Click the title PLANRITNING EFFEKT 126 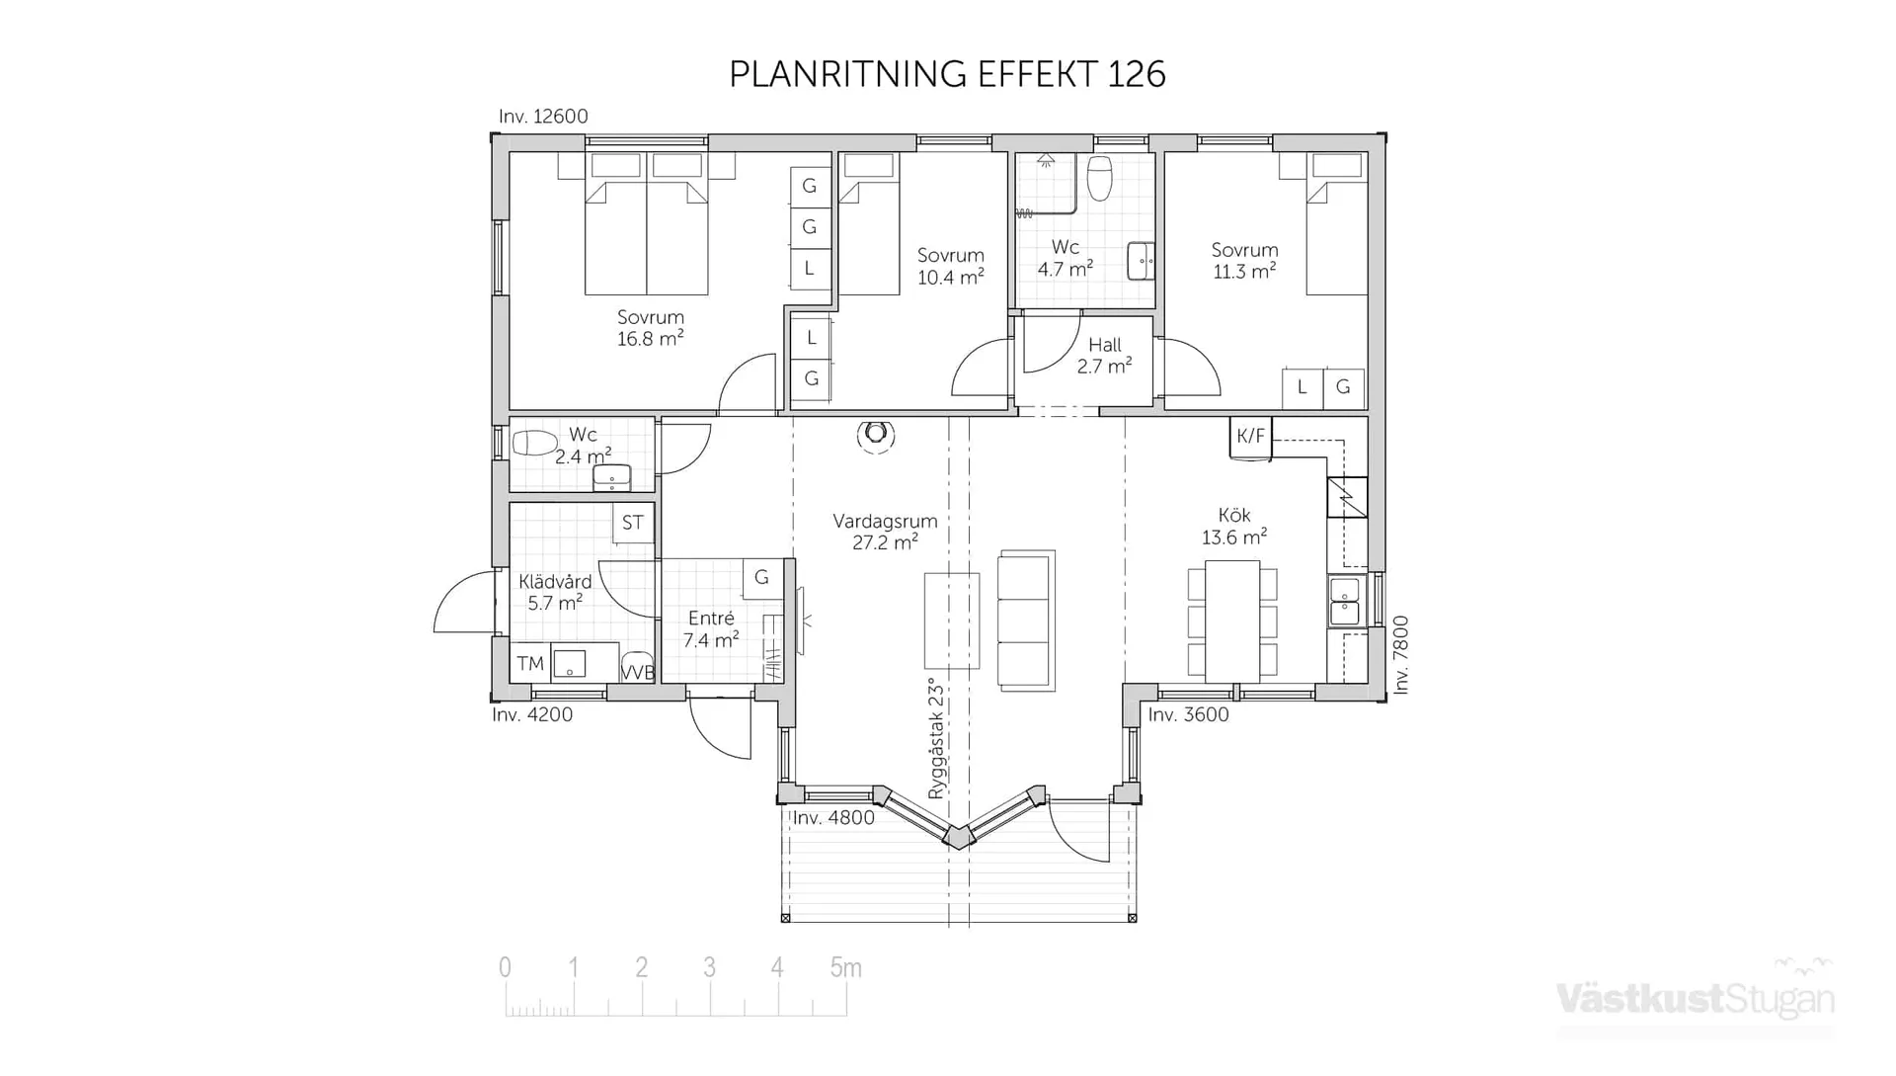tap(947, 74)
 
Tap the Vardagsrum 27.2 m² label tap(885, 532)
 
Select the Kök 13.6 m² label tap(1234, 527)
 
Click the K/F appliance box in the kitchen tap(1250, 436)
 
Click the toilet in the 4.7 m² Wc tap(1099, 178)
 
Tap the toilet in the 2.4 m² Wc tap(534, 443)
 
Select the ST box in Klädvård tap(633, 523)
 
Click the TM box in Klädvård tap(530, 663)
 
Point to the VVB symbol tap(637, 671)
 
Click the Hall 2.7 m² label tap(1104, 356)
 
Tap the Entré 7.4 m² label tap(711, 629)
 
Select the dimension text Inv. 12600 tap(543, 117)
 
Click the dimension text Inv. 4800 tap(833, 818)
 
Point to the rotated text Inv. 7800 tap(1400, 655)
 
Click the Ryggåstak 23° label tap(936, 738)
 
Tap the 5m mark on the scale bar tap(845, 967)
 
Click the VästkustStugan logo tap(1696, 998)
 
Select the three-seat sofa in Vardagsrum tap(1026, 621)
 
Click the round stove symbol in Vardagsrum tap(875, 435)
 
